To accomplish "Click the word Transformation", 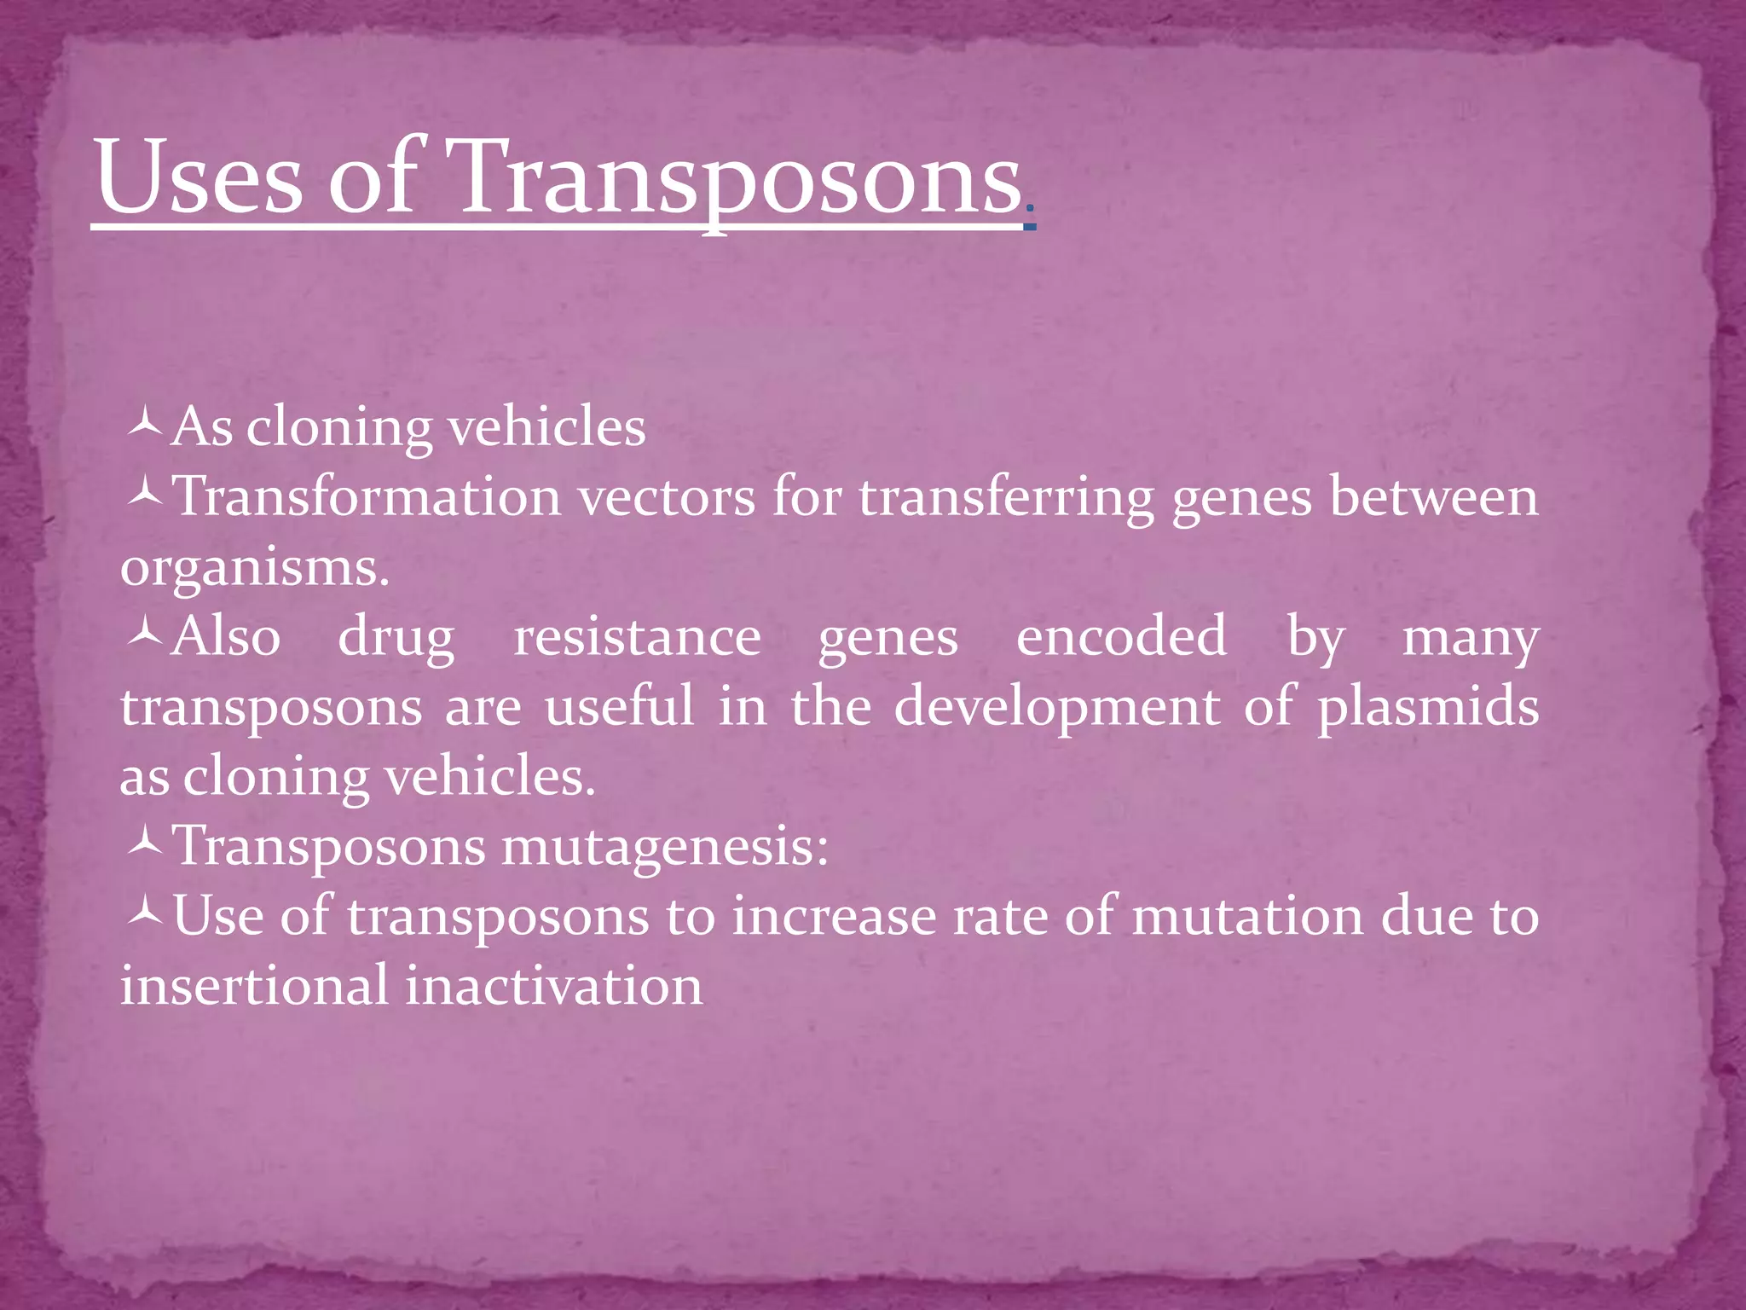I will click(x=367, y=496).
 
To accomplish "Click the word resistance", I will click(x=637, y=637).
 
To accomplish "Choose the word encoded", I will click(x=1121, y=637).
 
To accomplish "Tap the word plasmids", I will click(x=1428, y=709).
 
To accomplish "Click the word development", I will click(x=1057, y=709).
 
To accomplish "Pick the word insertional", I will click(x=254, y=987).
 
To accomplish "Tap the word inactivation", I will click(x=554, y=987).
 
